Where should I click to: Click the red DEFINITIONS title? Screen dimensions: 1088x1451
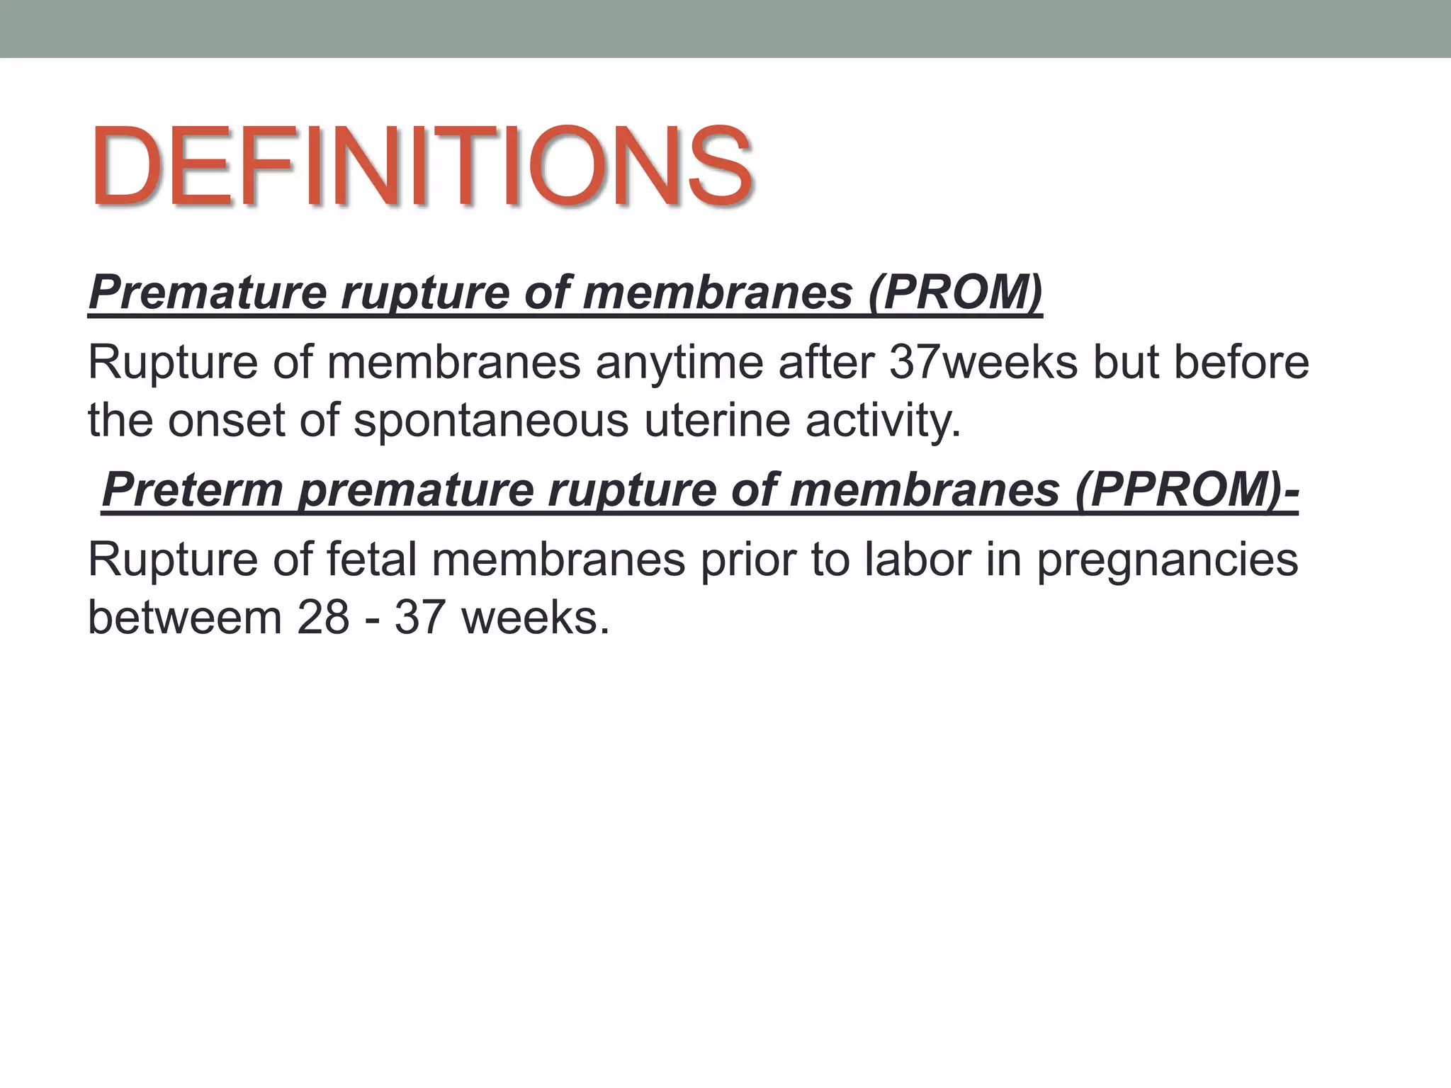[x=422, y=167]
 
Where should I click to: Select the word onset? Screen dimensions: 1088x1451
[x=227, y=420]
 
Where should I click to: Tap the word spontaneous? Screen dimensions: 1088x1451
[x=490, y=420]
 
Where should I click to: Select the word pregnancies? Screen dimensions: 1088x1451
[x=1168, y=560]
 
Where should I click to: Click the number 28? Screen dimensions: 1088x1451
[x=323, y=617]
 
